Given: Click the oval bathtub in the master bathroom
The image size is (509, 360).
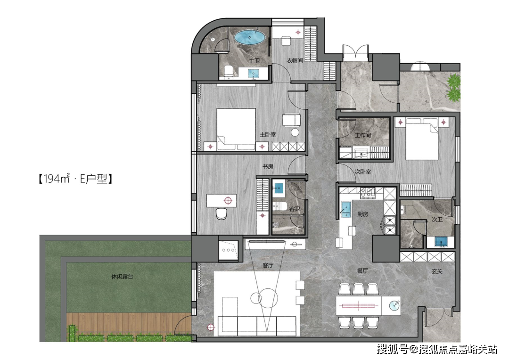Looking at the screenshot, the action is (x=250, y=37).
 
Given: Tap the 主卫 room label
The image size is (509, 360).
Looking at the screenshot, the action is (x=254, y=61).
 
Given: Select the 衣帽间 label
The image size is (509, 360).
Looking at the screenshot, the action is (x=295, y=61).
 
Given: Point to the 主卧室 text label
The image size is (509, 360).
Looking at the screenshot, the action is (x=268, y=134).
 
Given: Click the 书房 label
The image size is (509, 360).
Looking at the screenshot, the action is (x=268, y=166).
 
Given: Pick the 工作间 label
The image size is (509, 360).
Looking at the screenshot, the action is (x=362, y=135).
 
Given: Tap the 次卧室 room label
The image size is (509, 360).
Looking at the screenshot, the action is (x=362, y=172).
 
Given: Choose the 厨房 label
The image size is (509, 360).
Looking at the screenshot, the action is (x=362, y=214).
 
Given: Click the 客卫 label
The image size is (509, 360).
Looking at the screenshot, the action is (x=295, y=209).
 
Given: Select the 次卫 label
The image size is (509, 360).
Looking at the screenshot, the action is (x=437, y=220).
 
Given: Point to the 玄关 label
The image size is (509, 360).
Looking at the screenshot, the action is (x=437, y=271).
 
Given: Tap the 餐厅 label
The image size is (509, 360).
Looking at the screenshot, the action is (x=362, y=270).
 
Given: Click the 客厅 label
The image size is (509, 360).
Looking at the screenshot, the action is (x=268, y=265).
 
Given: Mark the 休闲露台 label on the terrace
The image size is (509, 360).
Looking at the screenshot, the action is (x=122, y=277).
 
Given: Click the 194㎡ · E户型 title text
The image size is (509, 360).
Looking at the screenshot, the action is (x=75, y=179).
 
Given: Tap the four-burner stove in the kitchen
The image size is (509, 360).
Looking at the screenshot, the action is (x=368, y=193).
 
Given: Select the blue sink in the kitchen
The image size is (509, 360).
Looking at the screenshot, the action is (x=346, y=209).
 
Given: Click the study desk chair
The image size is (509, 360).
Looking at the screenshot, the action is (x=222, y=213).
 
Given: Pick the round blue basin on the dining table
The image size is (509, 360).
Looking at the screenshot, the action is (x=394, y=305).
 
